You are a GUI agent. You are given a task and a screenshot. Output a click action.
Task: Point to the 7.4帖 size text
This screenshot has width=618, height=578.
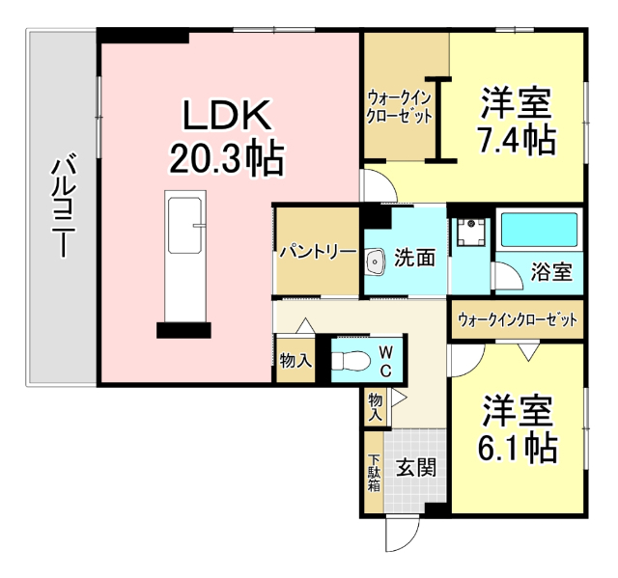[x=517, y=141]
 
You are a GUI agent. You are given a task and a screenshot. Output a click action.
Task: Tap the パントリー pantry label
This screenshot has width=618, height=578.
[x=318, y=251]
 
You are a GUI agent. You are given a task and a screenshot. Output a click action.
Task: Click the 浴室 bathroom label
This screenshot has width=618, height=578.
[x=551, y=271]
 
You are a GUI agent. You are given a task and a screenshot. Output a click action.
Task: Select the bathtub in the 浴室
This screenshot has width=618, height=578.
[x=539, y=233]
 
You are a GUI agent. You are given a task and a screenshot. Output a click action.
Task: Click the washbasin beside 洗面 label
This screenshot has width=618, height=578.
[x=375, y=260]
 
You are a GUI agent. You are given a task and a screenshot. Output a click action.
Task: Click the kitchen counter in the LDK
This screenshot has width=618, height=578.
[x=183, y=258]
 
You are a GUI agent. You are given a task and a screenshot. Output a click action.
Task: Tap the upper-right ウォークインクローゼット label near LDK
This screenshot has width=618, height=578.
[x=398, y=106]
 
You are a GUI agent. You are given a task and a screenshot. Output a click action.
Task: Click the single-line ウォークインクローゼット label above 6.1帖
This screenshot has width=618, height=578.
[x=517, y=318]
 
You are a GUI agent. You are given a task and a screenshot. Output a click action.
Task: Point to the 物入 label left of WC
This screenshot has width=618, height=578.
[x=295, y=361]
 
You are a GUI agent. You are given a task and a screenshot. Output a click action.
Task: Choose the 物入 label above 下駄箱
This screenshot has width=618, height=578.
[x=376, y=404]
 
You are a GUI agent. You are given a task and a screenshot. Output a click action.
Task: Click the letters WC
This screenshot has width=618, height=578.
[x=384, y=360]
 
